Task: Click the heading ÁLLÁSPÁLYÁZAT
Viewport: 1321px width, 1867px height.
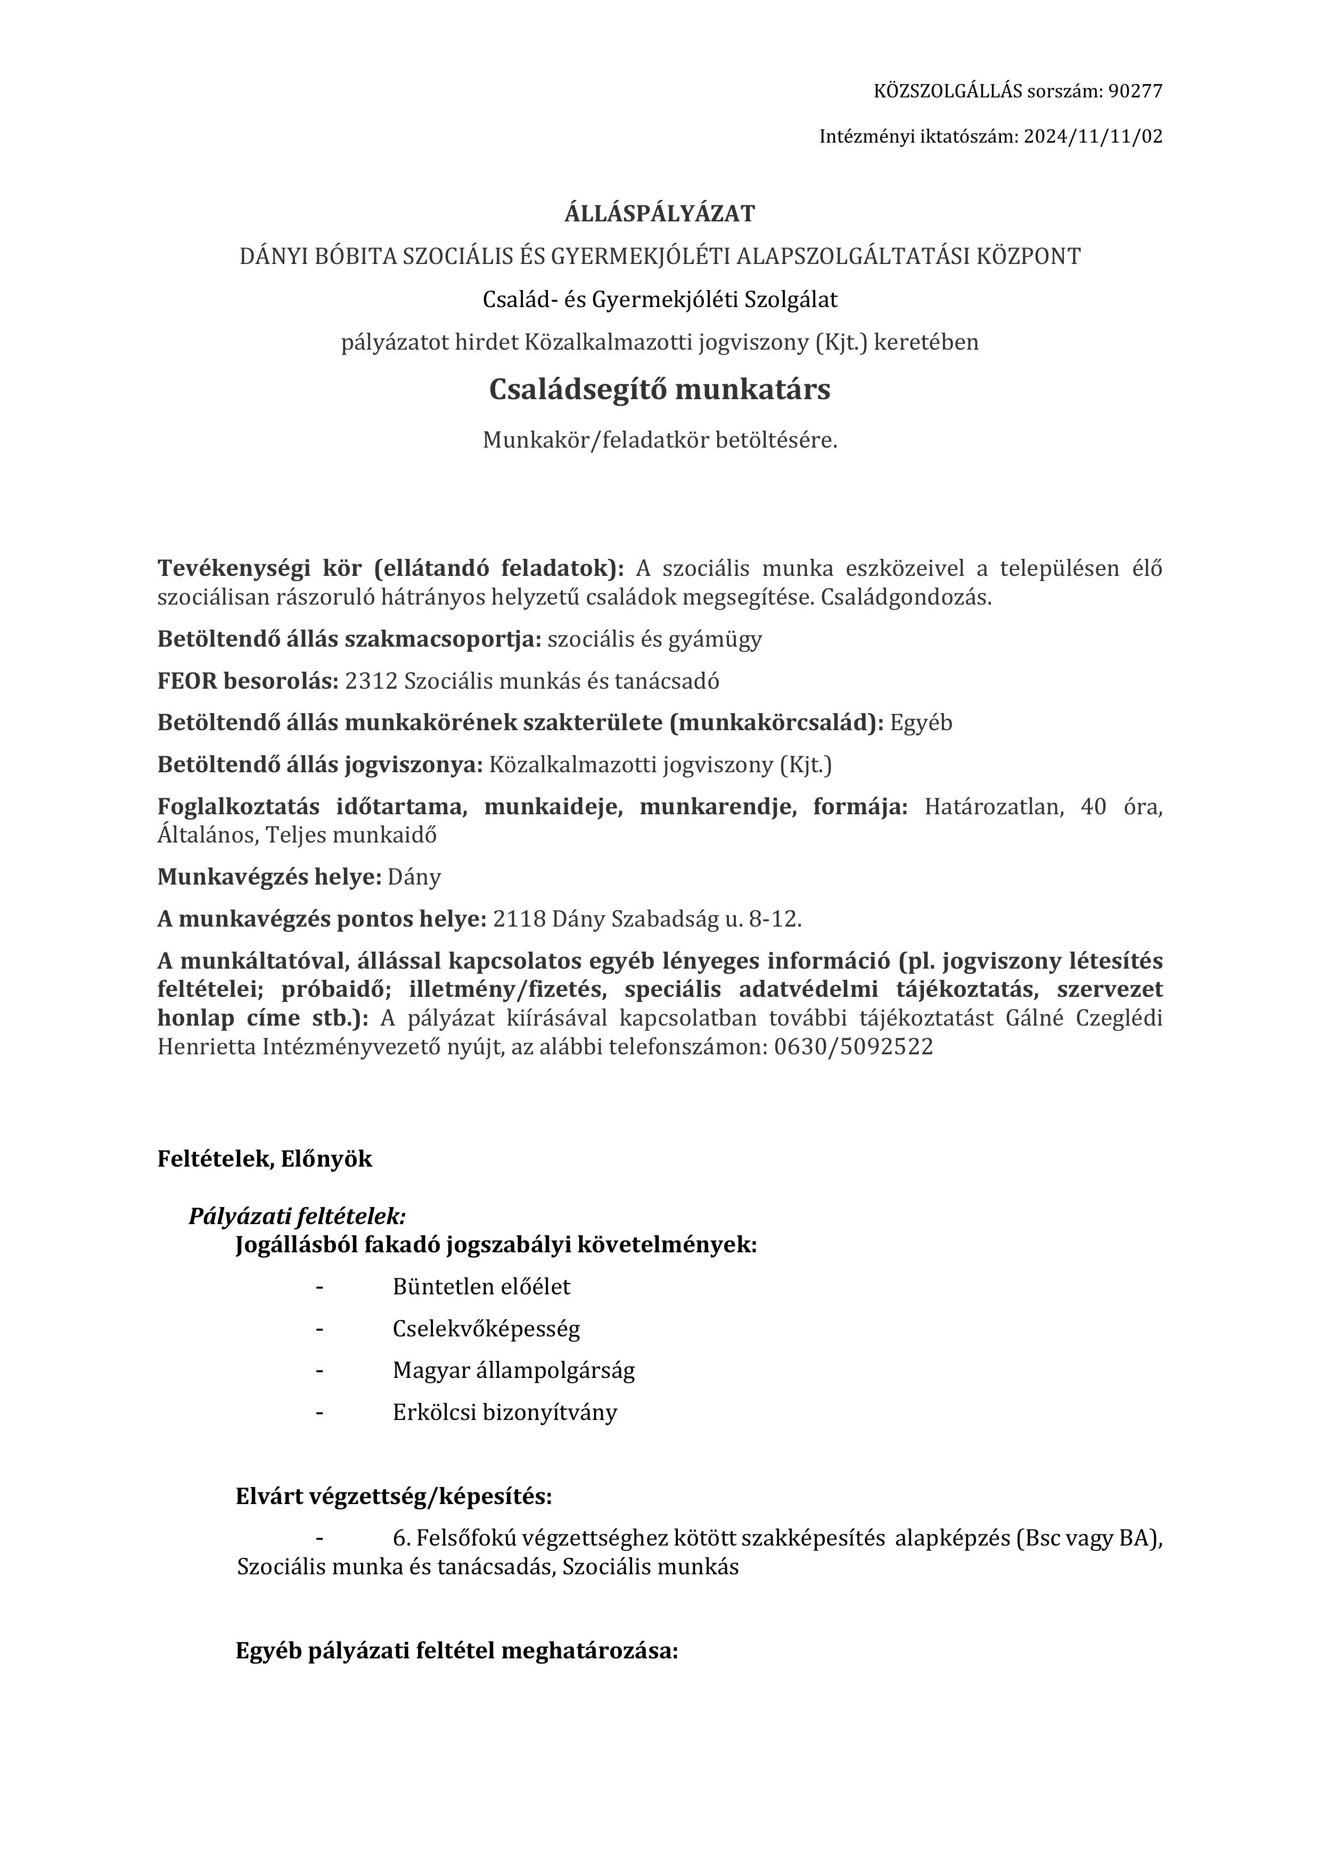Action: pyautogui.click(x=660, y=214)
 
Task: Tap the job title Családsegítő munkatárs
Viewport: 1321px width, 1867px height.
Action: pyautogui.click(x=660, y=390)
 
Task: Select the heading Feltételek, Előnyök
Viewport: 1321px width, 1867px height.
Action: pyautogui.click(x=265, y=1159)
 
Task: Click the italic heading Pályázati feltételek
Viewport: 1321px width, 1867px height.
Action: pyautogui.click(x=297, y=1217)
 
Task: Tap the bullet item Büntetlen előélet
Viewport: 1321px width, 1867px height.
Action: pyautogui.click(x=481, y=1286)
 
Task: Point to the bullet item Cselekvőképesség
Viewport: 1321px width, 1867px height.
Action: pyautogui.click(x=487, y=1329)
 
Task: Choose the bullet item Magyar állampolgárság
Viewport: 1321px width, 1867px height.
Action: pyautogui.click(x=513, y=1370)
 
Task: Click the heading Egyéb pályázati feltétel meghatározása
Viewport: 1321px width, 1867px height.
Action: pyautogui.click(x=456, y=1651)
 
